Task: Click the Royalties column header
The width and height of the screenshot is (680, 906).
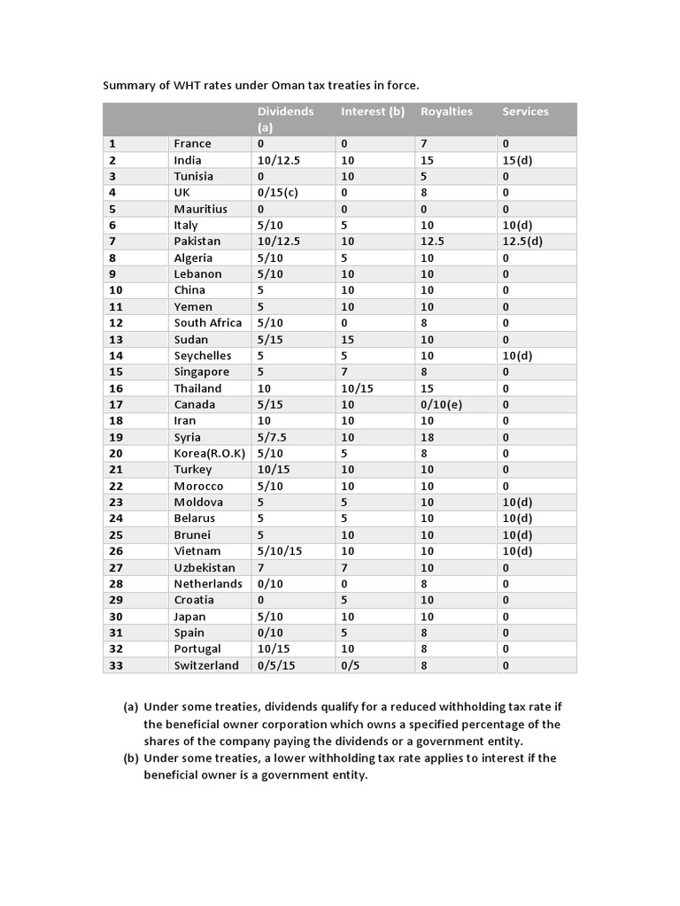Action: tap(446, 111)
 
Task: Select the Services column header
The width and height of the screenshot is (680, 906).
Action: tap(525, 111)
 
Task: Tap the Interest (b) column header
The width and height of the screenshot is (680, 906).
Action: tap(373, 111)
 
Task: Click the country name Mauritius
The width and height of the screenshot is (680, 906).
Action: tap(200, 209)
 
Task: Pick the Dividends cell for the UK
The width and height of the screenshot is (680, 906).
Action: tap(276, 192)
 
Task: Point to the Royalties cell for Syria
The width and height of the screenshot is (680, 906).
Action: tap(428, 437)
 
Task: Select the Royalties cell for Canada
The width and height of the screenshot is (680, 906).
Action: tap(441, 404)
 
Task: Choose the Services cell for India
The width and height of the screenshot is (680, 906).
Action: tap(517, 160)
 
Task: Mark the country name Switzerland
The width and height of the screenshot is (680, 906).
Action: tap(206, 665)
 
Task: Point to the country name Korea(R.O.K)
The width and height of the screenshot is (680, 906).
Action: tap(208, 453)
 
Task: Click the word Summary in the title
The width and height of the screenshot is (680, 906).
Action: tap(129, 86)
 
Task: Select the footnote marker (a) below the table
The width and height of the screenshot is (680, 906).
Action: tap(131, 708)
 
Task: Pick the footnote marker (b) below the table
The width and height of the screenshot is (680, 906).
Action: tap(131, 758)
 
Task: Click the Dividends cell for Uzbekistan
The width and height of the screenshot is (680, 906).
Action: tap(261, 568)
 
